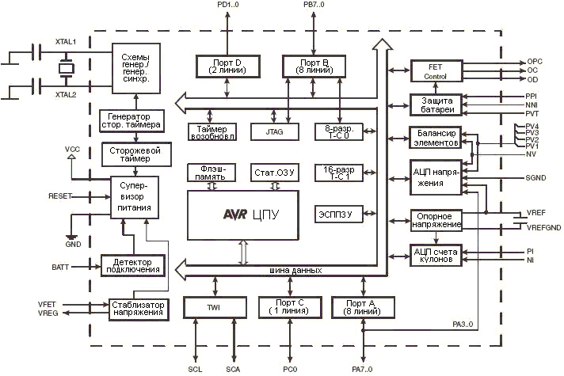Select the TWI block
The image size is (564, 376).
pyautogui.click(x=213, y=308)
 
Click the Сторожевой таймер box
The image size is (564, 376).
pyautogui.click(x=132, y=154)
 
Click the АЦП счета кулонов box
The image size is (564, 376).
pyautogui.click(x=434, y=255)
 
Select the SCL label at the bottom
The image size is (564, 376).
pyautogui.click(x=196, y=369)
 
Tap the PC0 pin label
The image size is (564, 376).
pyautogui.click(x=289, y=369)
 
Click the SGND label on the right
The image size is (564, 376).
pyautogui.click(x=535, y=179)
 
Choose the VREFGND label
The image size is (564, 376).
pyautogui.click(x=544, y=227)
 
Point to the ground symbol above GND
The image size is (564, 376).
pyautogui.click(x=71, y=237)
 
